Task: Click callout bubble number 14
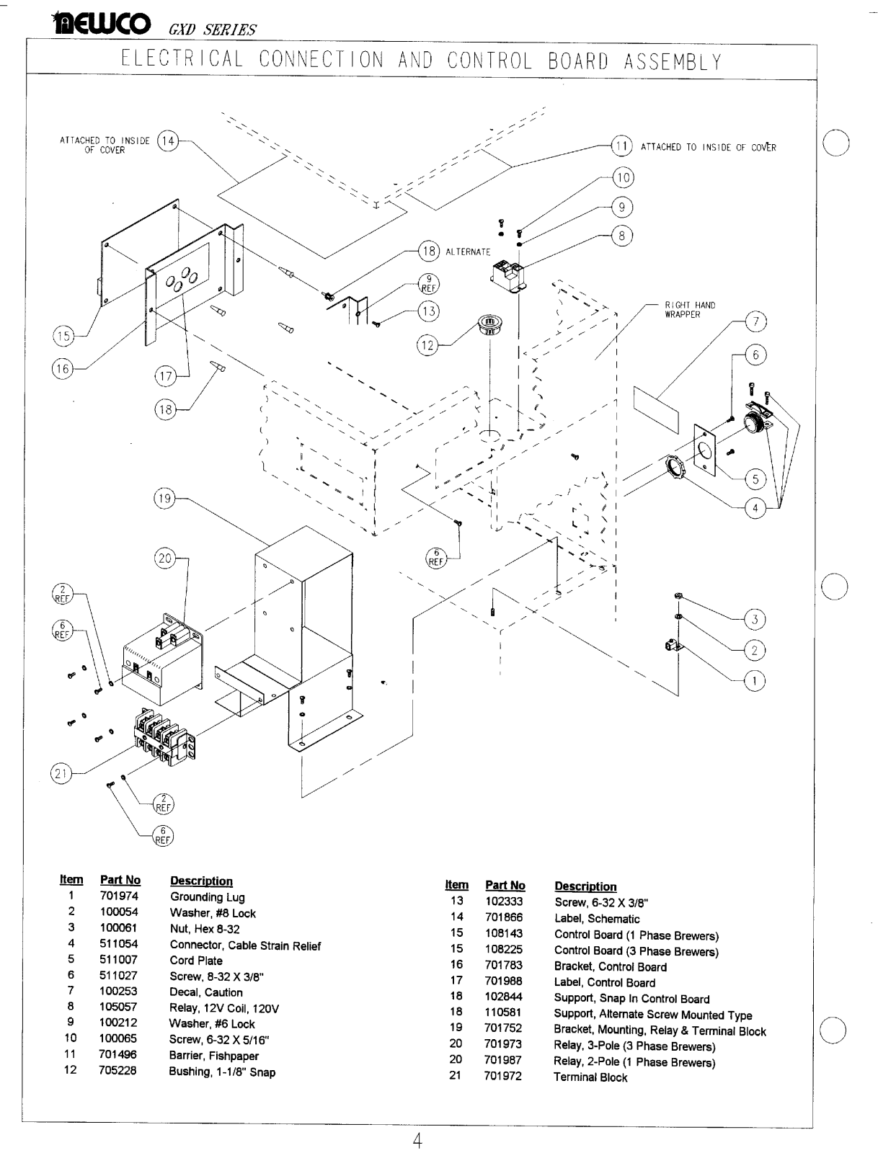[x=168, y=141]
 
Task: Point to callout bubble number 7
[x=755, y=322]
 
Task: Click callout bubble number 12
[x=427, y=345]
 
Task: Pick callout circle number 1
[x=755, y=681]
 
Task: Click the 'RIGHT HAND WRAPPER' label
[x=690, y=310]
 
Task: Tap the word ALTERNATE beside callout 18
[x=469, y=252]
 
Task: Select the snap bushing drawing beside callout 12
[x=489, y=324]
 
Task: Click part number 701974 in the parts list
[x=119, y=896]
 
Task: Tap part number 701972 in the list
[x=503, y=1077]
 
